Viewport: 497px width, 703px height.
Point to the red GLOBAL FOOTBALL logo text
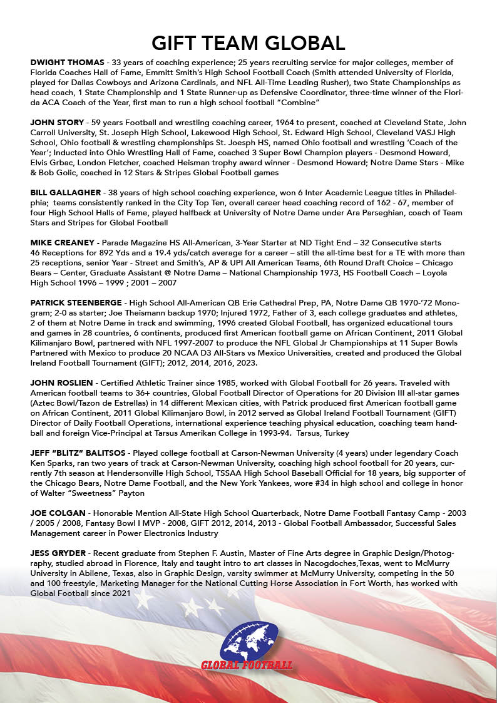(247, 664)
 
